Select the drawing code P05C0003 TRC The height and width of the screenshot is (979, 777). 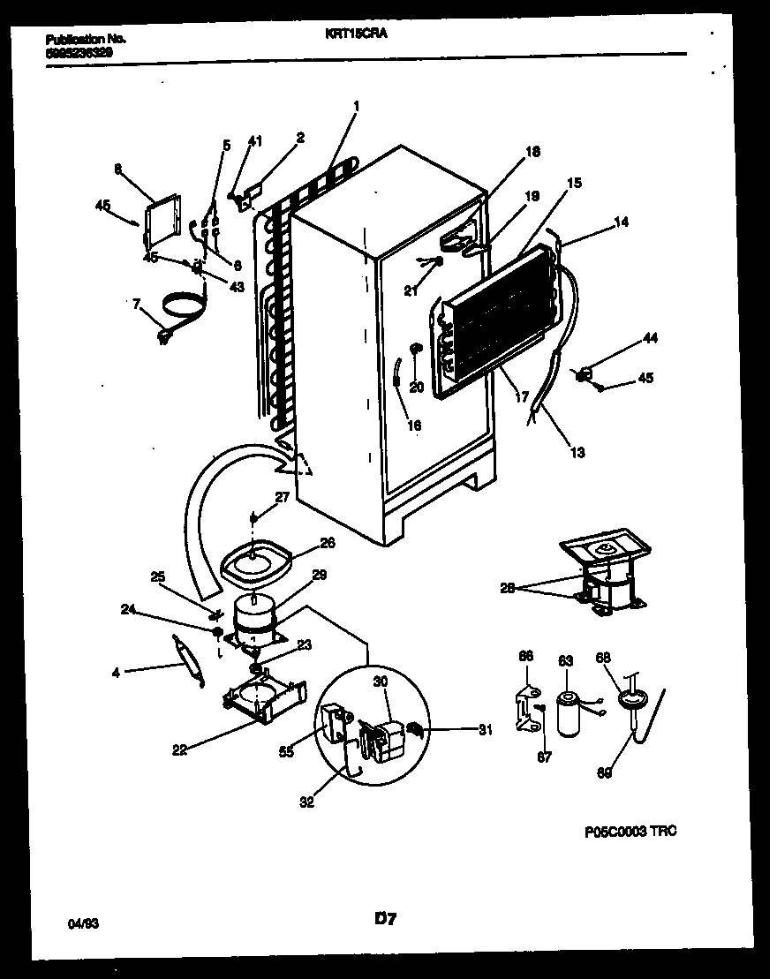(630, 831)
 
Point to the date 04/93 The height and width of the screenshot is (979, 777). (84, 923)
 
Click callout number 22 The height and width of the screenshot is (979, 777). (179, 751)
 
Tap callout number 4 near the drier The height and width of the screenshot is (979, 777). (116, 672)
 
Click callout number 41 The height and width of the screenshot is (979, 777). (254, 140)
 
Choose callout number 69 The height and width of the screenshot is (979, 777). (604, 773)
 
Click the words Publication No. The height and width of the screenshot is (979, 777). (85, 40)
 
